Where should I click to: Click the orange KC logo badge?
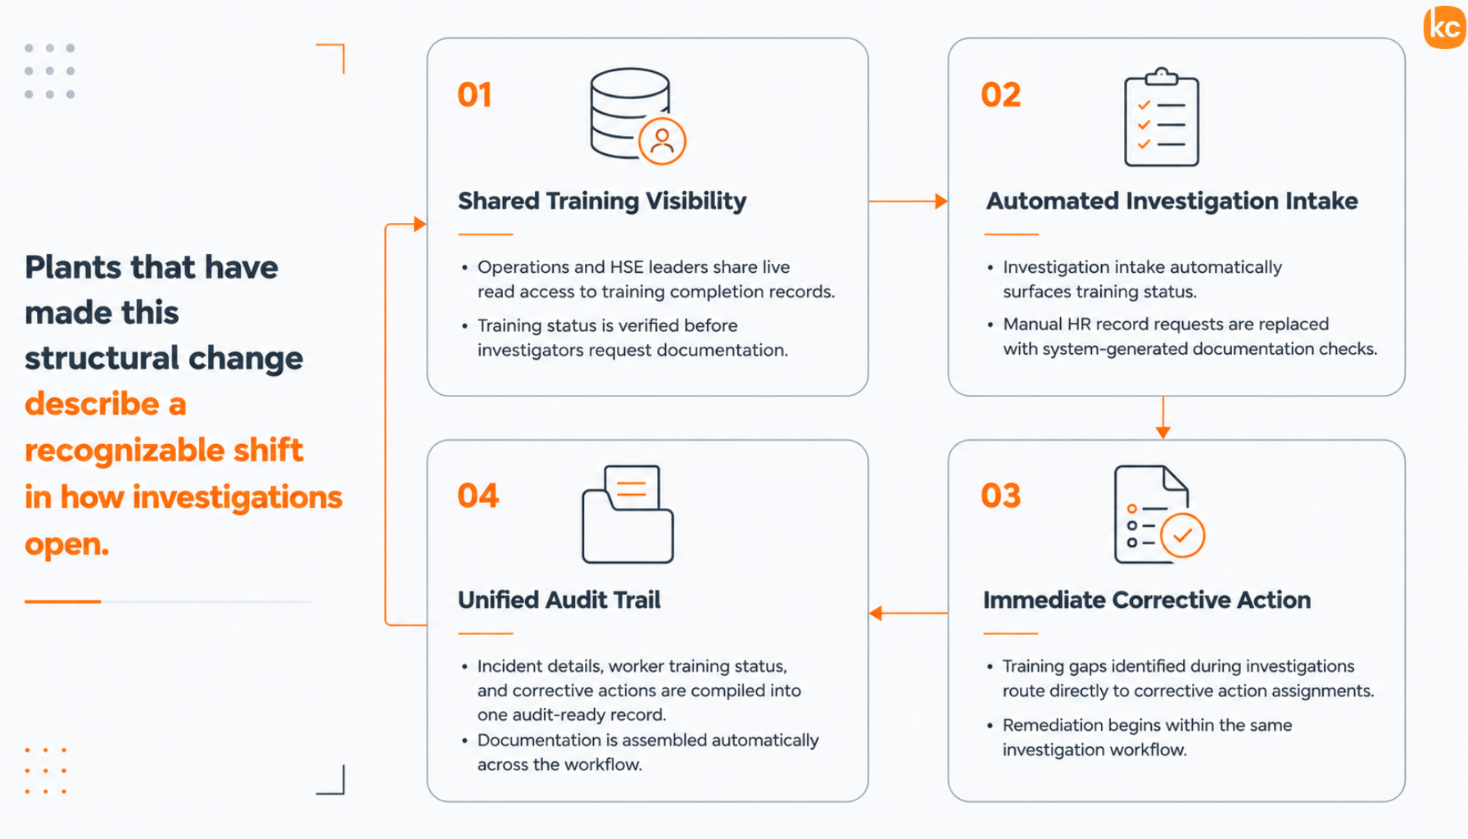pyautogui.click(x=1446, y=26)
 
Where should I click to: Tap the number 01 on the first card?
pyautogui.click(x=475, y=95)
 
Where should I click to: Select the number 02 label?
pyautogui.click(x=1001, y=95)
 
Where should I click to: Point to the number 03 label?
pyautogui.click(x=1001, y=496)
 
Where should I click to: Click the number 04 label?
pyautogui.click(x=478, y=496)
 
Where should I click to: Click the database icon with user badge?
pyautogui.click(x=637, y=116)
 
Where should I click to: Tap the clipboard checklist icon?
pyautogui.click(x=1162, y=117)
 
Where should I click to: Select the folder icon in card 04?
pyautogui.click(x=628, y=514)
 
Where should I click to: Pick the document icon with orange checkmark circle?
pyautogui.click(x=1158, y=514)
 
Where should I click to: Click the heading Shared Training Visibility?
pyautogui.click(x=602, y=202)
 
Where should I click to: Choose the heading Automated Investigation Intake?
pyautogui.click(x=1171, y=202)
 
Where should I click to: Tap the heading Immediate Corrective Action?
pyautogui.click(x=1147, y=600)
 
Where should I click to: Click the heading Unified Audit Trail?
pyautogui.click(x=559, y=600)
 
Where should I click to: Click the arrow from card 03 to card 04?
pyautogui.click(x=908, y=613)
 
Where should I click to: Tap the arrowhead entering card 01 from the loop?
pyautogui.click(x=420, y=224)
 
